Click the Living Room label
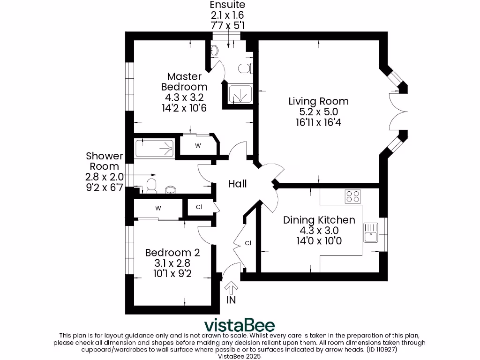point(318,101)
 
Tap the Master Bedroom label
point(184,82)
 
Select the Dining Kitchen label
point(319,220)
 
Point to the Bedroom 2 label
point(172,253)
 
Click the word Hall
point(237,184)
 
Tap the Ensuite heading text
point(227,5)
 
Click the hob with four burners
point(353,196)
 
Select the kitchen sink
point(370,232)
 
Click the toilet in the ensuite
point(244,68)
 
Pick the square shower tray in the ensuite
point(240,94)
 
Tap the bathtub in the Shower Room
point(154,148)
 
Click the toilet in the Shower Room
point(150,185)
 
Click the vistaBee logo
point(239,325)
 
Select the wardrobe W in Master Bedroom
point(198,145)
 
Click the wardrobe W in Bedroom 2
point(158,208)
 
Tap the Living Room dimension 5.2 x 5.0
point(318,112)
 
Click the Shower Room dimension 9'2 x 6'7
point(104,187)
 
